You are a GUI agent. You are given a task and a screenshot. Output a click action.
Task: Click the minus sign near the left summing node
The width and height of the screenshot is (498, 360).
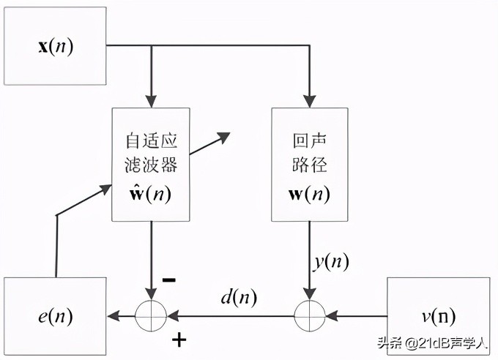click(x=168, y=280)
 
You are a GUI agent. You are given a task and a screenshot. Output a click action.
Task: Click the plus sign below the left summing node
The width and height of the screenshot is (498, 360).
click(x=178, y=340)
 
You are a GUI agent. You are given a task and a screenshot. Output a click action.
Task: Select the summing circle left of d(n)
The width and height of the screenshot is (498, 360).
click(x=151, y=316)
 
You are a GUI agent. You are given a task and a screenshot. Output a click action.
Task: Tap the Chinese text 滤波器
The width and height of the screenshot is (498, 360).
click(x=152, y=165)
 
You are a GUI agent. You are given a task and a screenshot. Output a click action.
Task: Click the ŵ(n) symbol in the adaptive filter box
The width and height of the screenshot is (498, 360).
click(x=152, y=195)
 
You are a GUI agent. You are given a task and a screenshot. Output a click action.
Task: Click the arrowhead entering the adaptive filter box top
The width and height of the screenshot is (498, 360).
click(x=152, y=103)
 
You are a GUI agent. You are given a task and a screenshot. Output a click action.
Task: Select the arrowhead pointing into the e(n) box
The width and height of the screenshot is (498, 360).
click(x=112, y=316)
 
